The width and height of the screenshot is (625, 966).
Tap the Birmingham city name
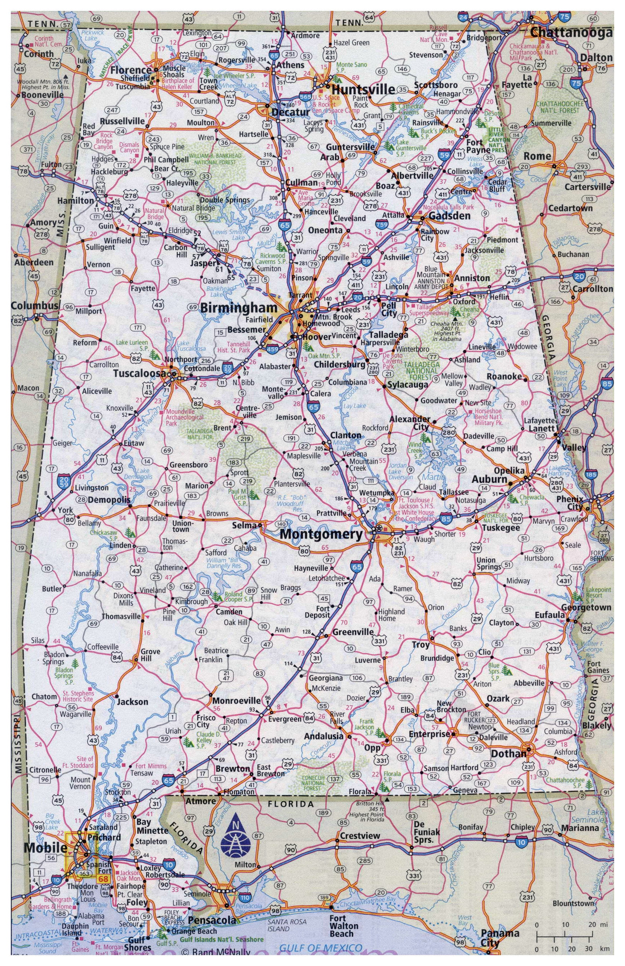238,308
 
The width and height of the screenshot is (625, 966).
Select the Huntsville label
363,89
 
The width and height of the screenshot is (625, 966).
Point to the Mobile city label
45,847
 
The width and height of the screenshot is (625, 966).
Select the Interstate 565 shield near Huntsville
305,96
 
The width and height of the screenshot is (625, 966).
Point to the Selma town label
244,525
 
